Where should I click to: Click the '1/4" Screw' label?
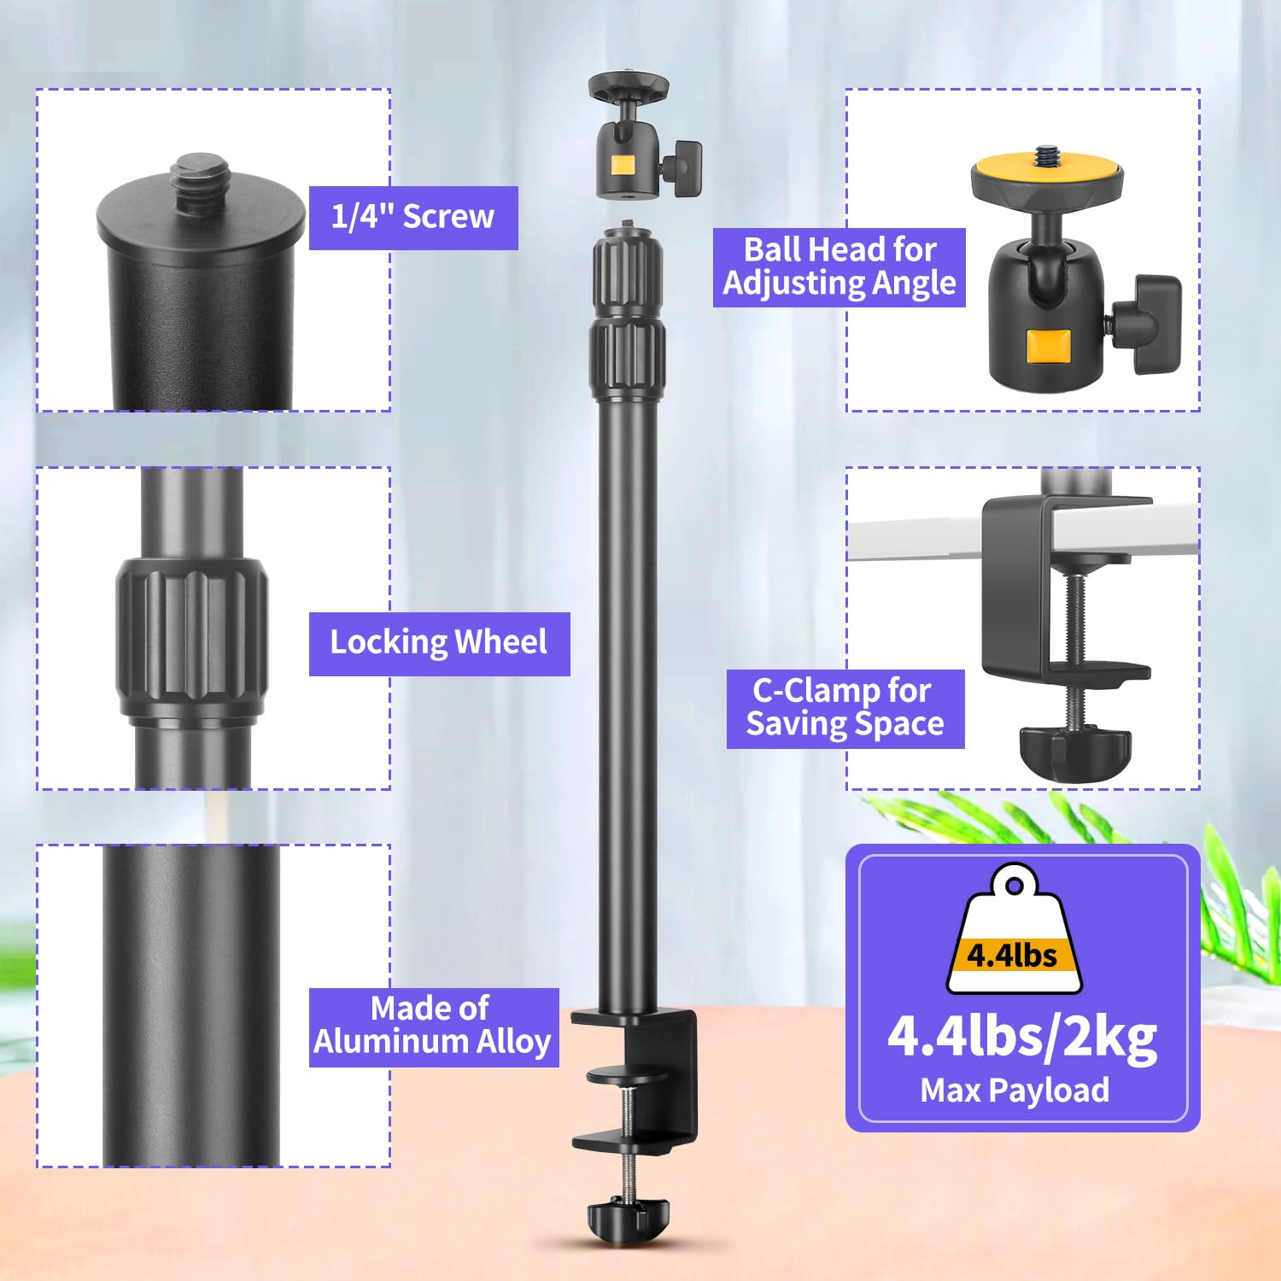(413, 218)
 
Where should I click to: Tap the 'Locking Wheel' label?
(439, 643)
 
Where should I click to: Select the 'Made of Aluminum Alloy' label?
(433, 1027)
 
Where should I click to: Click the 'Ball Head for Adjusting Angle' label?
(839, 266)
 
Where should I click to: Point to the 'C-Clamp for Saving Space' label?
(845, 708)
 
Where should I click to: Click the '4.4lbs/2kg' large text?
(1022, 1037)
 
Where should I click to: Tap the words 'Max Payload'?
(1015, 1091)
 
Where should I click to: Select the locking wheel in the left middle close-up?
(191, 636)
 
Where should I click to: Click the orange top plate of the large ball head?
(1047, 168)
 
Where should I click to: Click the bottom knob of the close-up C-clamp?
(1074, 752)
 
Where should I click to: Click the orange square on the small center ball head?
(622, 164)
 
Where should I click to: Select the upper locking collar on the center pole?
(628, 272)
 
